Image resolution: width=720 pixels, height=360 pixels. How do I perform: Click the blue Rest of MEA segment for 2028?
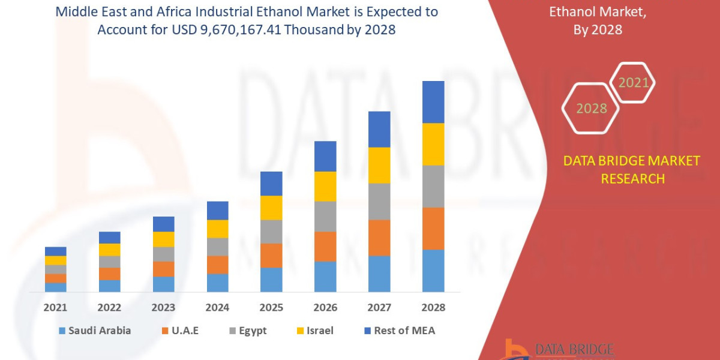click(x=433, y=102)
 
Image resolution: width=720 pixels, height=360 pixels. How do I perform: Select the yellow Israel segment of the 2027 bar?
click(x=379, y=165)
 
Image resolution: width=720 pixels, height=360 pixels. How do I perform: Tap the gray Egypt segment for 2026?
click(x=325, y=216)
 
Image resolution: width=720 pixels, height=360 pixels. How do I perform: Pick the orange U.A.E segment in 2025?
click(x=271, y=256)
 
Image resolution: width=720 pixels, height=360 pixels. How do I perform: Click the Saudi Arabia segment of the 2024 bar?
click(x=217, y=283)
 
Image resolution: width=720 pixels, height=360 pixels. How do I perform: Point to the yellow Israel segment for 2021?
click(x=55, y=260)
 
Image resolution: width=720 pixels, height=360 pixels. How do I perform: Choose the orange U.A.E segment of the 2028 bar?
click(x=433, y=229)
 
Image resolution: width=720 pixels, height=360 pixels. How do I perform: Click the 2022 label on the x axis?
click(x=109, y=307)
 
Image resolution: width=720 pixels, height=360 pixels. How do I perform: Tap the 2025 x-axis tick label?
click(x=271, y=307)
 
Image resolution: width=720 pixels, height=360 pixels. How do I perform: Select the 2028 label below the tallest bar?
click(x=433, y=307)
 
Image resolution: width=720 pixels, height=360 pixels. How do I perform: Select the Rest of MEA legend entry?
click(x=399, y=331)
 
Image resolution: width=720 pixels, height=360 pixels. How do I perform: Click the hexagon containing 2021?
click(x=632, y=83)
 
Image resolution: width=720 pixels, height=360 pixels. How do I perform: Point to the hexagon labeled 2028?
click(x=592, y=109)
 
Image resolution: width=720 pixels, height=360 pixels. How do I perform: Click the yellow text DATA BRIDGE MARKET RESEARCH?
click(x=632, y=169)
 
